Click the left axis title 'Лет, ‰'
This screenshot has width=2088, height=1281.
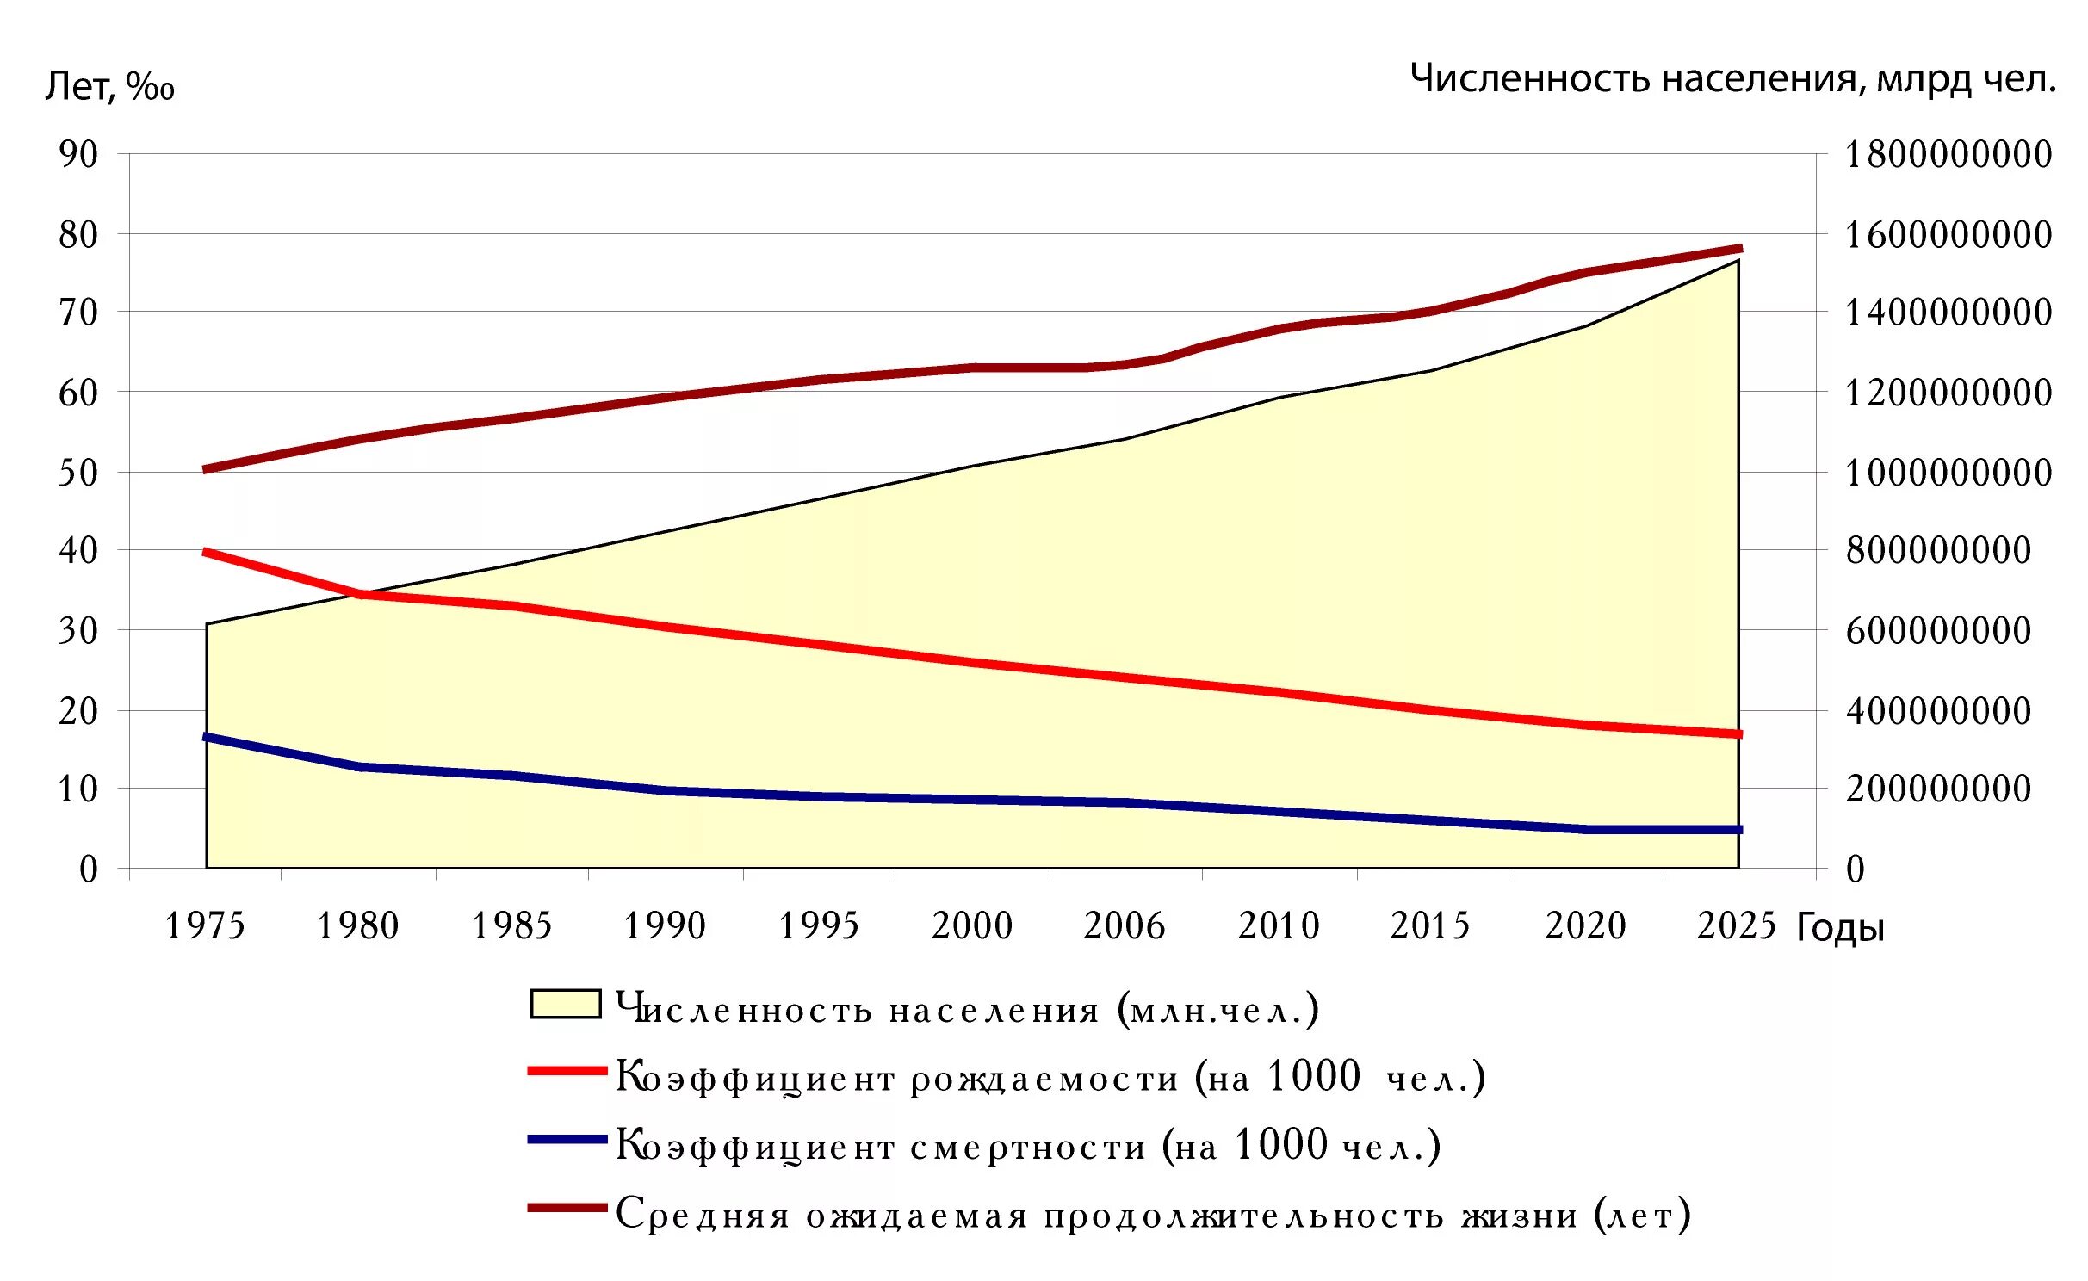(109, 85)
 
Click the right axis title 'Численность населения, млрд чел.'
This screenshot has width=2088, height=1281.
(1732, 78)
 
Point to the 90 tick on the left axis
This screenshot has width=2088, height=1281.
(78, 154)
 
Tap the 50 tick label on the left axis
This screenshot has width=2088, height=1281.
(78, 472)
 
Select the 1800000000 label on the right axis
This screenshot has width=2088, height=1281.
(1948, 155)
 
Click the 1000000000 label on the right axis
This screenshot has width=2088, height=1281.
(1948, 473)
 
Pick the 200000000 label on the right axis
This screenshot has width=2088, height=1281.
(1937, 789)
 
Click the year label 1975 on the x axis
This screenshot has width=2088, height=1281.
(205, 926)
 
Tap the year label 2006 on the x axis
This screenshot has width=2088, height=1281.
(1124, 926)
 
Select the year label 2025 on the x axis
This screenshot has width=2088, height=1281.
(1736, 926)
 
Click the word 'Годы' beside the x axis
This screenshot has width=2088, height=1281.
(1840, 928)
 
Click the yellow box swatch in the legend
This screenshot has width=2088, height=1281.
(566, 1005)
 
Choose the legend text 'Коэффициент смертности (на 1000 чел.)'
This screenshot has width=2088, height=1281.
(1028, 1146)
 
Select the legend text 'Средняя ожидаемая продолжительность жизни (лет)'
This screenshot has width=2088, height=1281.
(1153, 1215)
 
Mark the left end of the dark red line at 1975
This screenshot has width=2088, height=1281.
(206, 469)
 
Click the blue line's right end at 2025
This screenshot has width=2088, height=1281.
(1739, 830)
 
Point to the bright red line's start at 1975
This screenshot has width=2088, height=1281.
(206, 552)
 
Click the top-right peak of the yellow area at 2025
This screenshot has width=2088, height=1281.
(1738, 261)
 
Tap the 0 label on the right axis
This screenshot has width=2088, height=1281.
(1855, 869)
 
